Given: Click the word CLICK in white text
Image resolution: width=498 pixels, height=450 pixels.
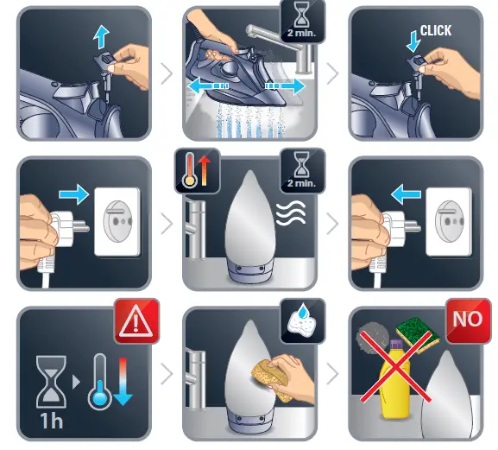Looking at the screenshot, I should [436, 30].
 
